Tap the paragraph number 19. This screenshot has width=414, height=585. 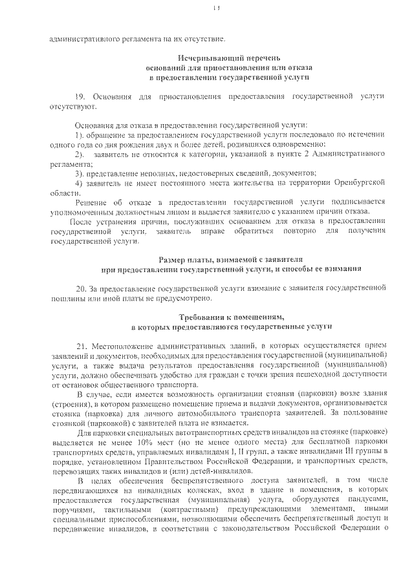click(x=80, y=96)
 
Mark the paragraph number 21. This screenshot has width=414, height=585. click(x=82, y=346)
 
